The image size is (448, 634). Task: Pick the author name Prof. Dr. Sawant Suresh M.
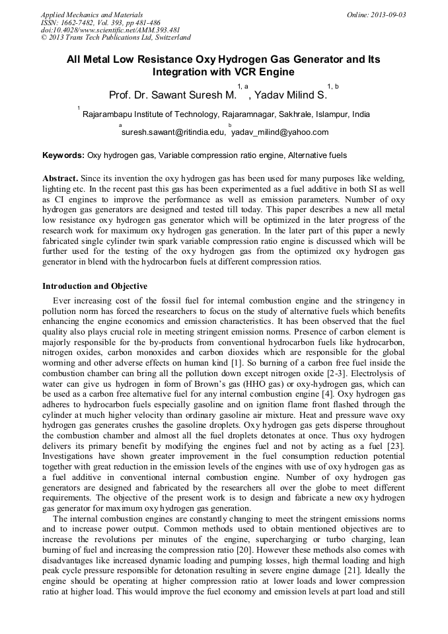(172, 95)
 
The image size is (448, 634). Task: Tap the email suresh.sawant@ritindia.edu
(173, 132)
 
